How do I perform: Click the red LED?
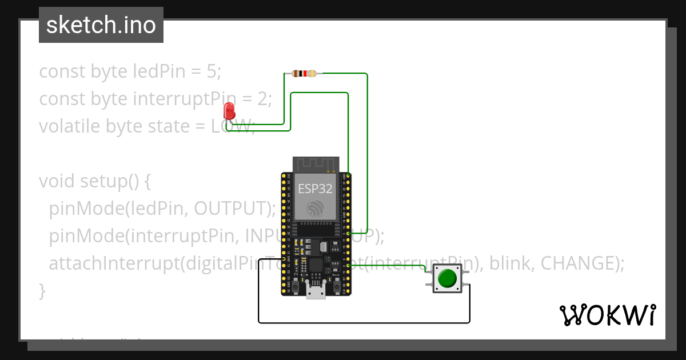(x=229, y=111)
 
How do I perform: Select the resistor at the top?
(x=304, y=73)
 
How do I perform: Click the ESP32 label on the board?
(x=315, y=189)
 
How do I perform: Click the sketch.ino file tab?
(x=101, y=25)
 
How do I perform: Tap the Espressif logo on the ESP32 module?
(x=315, y=209)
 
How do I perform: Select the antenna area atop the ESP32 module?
(x=316, y=164)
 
